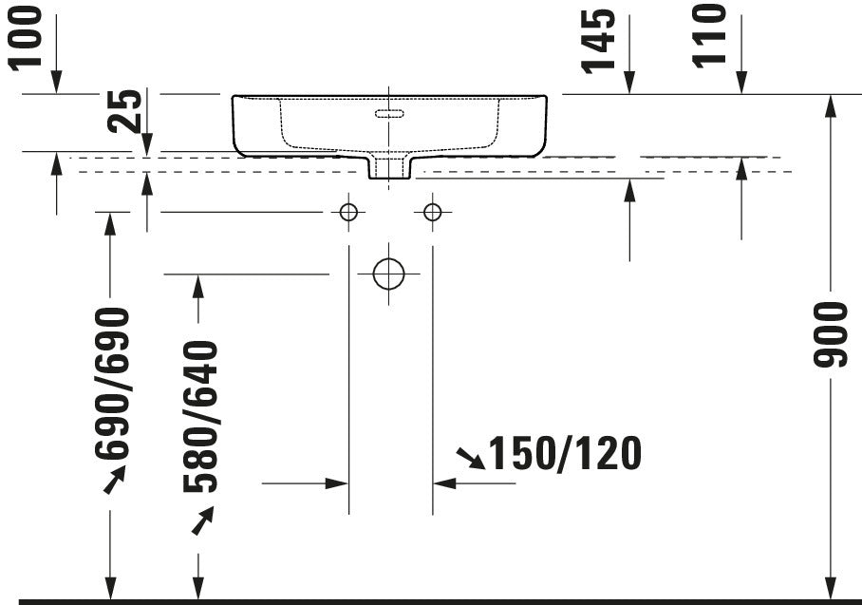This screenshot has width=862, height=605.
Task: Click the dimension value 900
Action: (832, 334)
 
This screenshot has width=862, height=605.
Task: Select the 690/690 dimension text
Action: (111, 382)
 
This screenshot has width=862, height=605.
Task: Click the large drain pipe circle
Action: (388, 274)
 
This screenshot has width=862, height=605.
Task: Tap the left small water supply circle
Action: (348, 212)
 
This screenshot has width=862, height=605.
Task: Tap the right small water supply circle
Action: (432, 212)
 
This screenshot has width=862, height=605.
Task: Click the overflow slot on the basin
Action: (390, 114)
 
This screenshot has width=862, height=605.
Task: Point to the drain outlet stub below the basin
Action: (389, 168)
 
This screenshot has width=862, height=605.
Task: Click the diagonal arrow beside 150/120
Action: (469, 460)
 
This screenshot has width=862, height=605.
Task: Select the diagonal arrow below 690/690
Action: (113, 482)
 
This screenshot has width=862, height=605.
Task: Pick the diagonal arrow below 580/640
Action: (202, 521)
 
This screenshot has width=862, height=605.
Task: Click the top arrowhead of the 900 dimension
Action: (832, 104)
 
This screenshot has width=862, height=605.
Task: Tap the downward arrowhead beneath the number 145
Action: (629, 85)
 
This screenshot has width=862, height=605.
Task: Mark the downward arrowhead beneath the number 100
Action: (56, 85)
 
